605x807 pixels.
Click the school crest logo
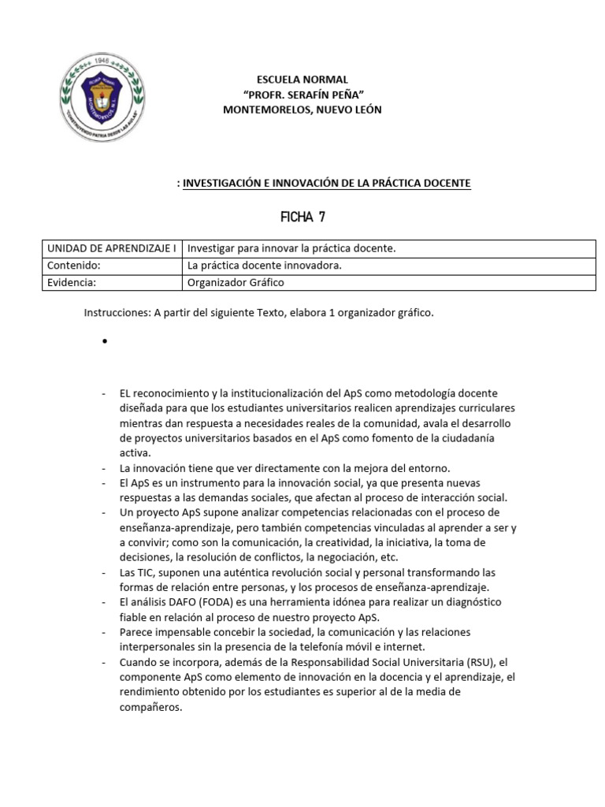103,95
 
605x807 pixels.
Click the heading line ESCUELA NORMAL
302,80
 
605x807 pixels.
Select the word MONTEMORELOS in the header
265,110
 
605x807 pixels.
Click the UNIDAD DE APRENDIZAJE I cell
112,248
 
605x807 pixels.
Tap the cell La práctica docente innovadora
265,266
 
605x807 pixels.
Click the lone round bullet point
104,342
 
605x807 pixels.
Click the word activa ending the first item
134,452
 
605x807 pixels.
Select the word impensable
190,633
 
